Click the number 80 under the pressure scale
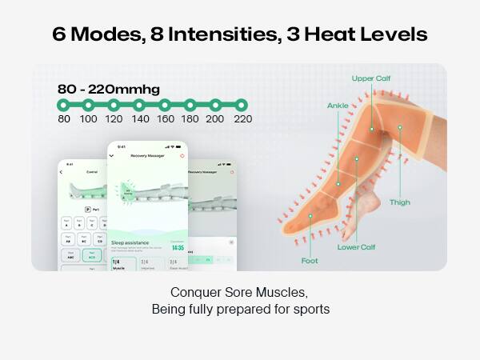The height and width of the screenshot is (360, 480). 64,119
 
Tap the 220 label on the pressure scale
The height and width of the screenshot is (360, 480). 242,119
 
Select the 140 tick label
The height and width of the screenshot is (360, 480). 140,119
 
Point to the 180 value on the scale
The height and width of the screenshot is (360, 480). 190,119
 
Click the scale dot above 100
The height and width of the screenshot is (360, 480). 88,105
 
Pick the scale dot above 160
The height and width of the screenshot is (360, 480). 165,105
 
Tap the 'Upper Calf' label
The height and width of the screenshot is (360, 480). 370,78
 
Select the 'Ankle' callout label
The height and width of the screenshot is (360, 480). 338,106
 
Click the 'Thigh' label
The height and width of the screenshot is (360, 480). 399,202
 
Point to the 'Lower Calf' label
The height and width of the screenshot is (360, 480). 356,246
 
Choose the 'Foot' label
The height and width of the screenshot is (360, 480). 310,260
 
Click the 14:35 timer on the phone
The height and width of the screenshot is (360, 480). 177,248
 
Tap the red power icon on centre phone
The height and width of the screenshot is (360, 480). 182,155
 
